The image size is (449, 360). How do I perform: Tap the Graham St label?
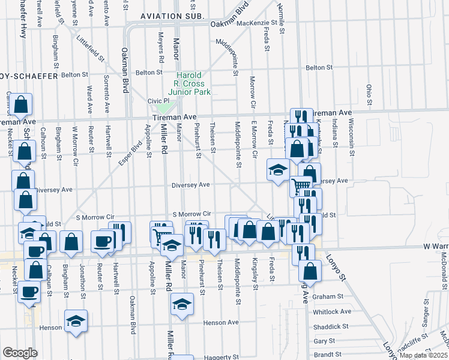click(331, 296)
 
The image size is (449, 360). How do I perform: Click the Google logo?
click(19, 353)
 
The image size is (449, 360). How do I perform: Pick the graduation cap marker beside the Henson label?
click(76, 321)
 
